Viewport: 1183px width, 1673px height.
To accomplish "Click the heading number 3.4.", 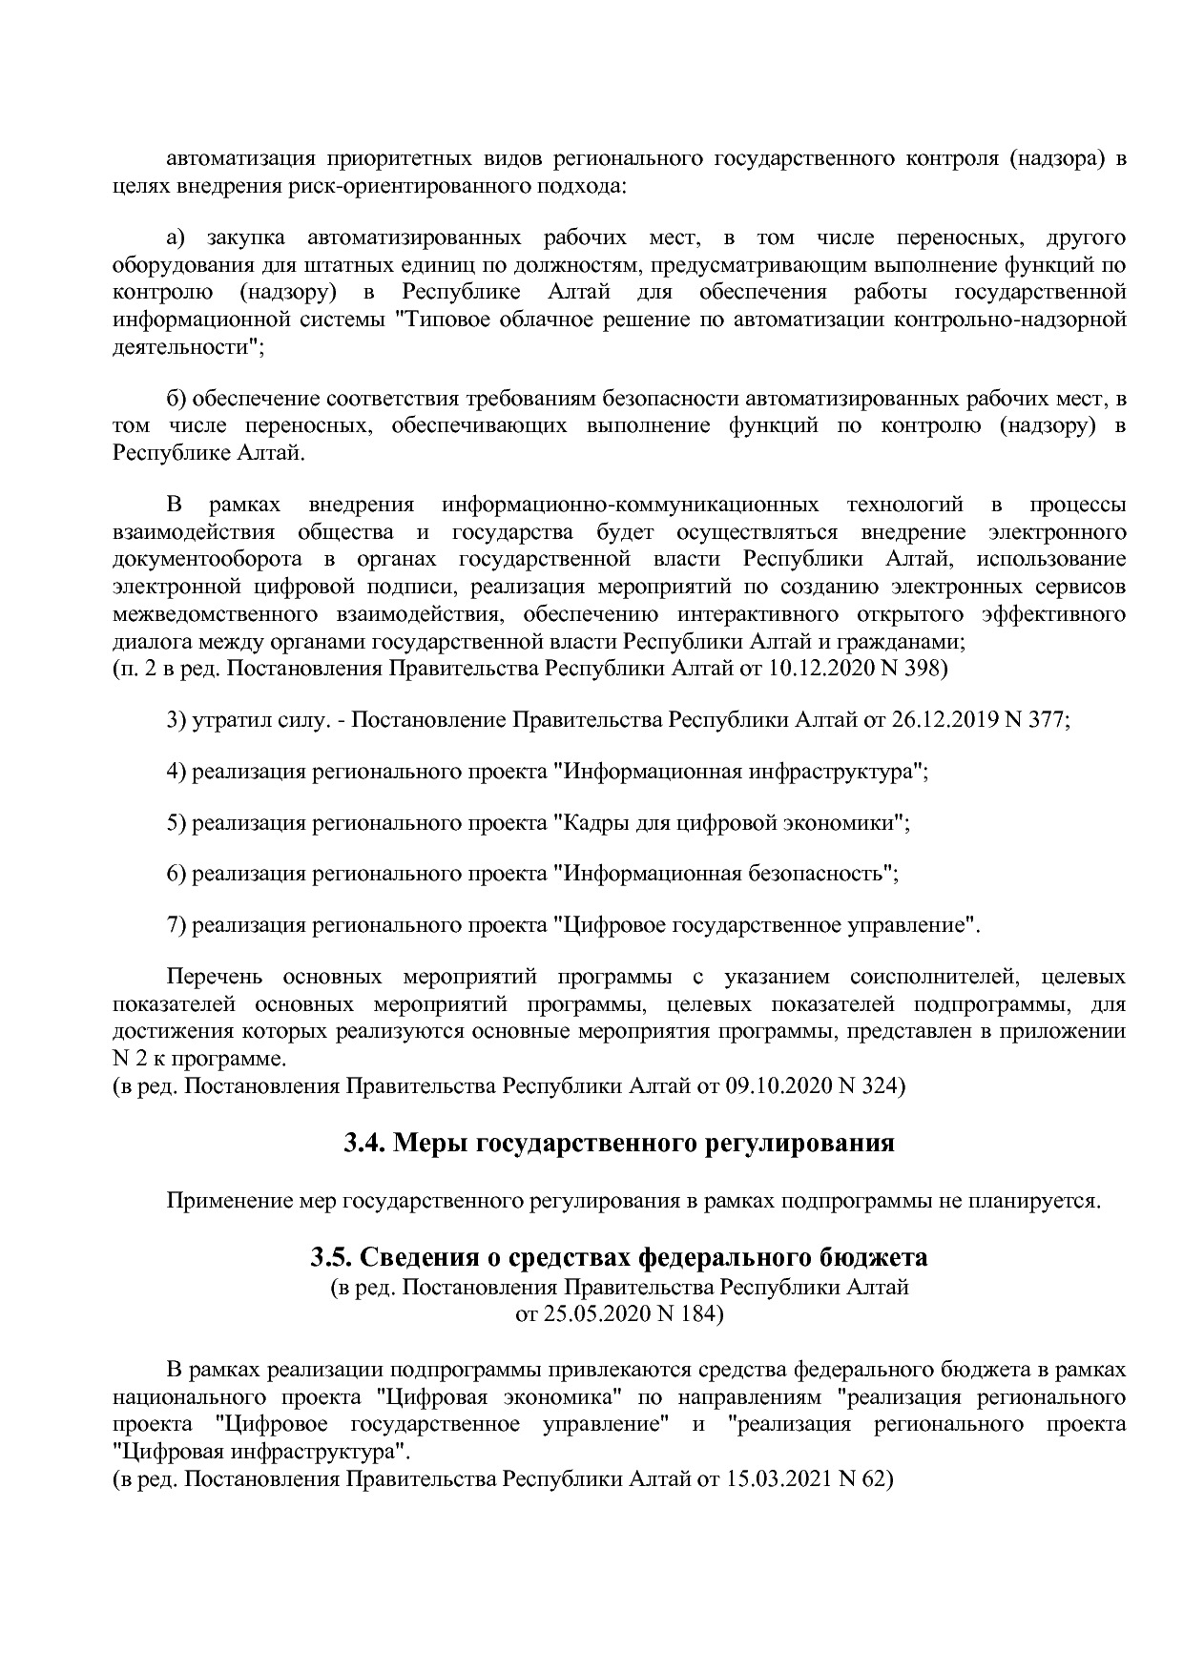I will point(364,1142).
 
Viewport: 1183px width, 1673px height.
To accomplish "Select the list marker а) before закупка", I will point(179,237).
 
